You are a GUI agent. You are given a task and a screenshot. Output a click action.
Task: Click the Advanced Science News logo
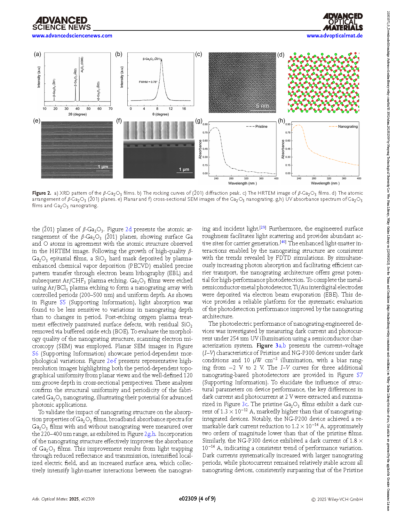[x=61, y=24]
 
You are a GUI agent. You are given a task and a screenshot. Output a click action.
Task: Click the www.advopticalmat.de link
[x=334, y=36]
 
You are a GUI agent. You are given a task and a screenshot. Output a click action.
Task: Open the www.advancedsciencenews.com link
[x=72, y=36]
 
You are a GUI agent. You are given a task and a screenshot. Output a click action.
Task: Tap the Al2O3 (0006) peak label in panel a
[x=82, y=64]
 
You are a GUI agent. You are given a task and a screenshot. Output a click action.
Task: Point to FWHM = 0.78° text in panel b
[x=148, y=82]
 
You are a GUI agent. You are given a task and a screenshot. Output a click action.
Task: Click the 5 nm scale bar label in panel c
[x=262, y=106]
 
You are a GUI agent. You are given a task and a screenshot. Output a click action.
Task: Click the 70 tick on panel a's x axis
[x=110, y=109]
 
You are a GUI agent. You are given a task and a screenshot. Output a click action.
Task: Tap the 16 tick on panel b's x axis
[x=184, y=109]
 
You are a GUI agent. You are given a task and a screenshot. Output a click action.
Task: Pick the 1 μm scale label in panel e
[x=103, y=167]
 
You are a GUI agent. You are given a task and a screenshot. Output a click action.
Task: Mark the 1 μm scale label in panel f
[x=184, y=169]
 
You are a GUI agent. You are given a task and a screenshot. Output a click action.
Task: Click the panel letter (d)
[x=281, y=54]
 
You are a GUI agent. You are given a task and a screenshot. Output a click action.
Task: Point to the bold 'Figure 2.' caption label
[x=42, y=193]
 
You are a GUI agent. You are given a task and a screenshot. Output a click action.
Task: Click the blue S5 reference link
[x=63, y=302]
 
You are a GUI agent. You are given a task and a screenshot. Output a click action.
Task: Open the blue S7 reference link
[x=360, y=375]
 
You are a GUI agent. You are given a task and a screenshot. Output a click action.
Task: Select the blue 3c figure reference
[x=245, y=404]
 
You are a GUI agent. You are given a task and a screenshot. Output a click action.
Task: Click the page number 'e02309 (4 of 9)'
[x=197, y=499]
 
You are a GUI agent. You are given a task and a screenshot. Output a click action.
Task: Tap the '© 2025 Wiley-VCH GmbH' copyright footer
[x=337, y=499]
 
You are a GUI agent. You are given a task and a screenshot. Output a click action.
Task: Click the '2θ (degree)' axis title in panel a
[x=77, y=114]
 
